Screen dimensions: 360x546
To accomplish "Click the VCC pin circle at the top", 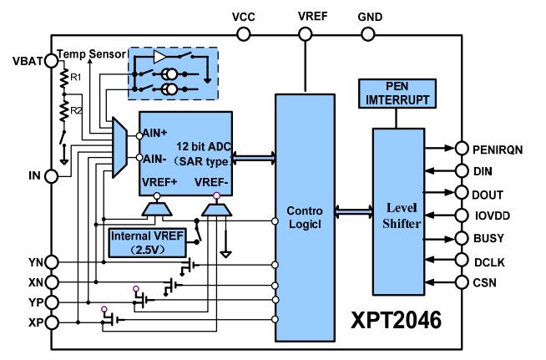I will click(x=243, y=34).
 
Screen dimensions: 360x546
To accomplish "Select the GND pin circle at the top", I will click(x=367, y=34).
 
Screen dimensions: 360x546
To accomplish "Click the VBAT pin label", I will click(x=26, y=59).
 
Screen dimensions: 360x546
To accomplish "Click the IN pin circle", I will click(x=52, y=176).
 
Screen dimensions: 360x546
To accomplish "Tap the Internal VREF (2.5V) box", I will click(x=152, y=241).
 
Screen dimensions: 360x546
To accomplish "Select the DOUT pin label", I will click(x=488, y=192).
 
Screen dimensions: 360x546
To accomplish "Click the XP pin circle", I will click(x=52, y=322).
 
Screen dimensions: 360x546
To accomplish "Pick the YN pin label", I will click(x=31, y=262).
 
